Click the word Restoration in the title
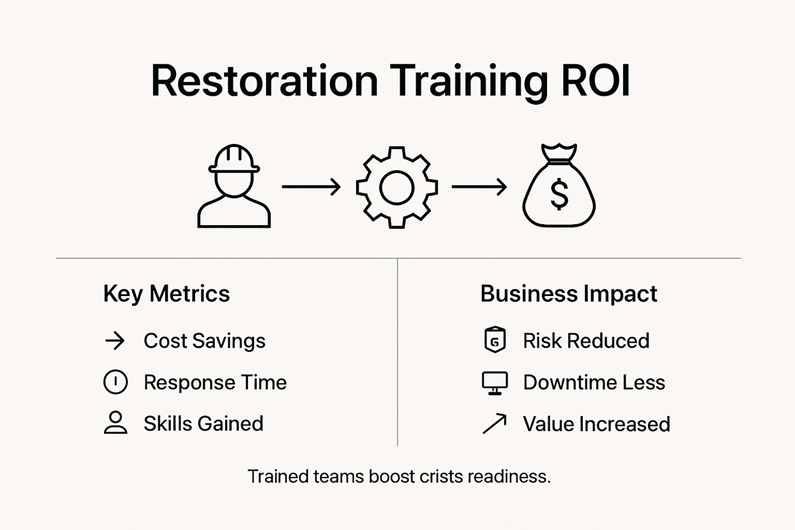click(264, 81)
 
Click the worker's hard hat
click(234, 158)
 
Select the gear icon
click(397, 187)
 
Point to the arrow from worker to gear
click(311, 186)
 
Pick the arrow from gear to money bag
click(479, 186)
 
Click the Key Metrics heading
click(167, 294)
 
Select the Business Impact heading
click(568, 294)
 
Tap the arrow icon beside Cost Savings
click(115, 341)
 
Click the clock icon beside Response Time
click(115, 382)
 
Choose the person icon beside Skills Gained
click(115, 423)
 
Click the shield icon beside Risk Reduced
click(494, 341)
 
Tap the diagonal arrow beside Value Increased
click(494, 423)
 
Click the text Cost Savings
click(204, 341)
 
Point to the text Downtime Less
click(594, 382)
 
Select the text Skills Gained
click(203, 423)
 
